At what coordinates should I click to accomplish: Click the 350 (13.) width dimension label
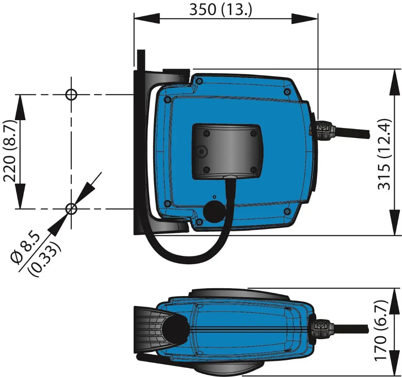(220, 9)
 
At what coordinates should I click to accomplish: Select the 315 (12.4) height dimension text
(384, 154)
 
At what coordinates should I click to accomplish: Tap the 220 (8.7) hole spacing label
(9, 151)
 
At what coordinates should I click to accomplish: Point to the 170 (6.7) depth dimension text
(381, 331)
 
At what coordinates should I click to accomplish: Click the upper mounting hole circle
(71, 95)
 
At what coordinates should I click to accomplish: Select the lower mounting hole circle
(71, 209)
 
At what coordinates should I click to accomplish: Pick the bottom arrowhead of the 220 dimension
(20, 196)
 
